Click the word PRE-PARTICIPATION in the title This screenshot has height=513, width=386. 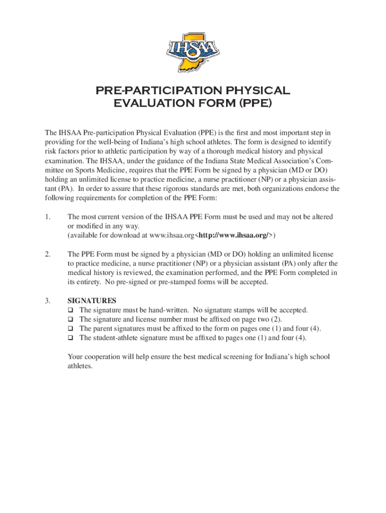point(151,91)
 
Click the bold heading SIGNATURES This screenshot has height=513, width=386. point(92,301)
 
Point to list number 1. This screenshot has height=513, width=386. point(47,217)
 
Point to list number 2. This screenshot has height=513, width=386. point(47,254)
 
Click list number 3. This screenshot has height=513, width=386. point(47,301)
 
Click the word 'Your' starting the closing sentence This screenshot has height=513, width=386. point(76,357)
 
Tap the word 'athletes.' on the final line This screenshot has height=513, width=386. point(80,366)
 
